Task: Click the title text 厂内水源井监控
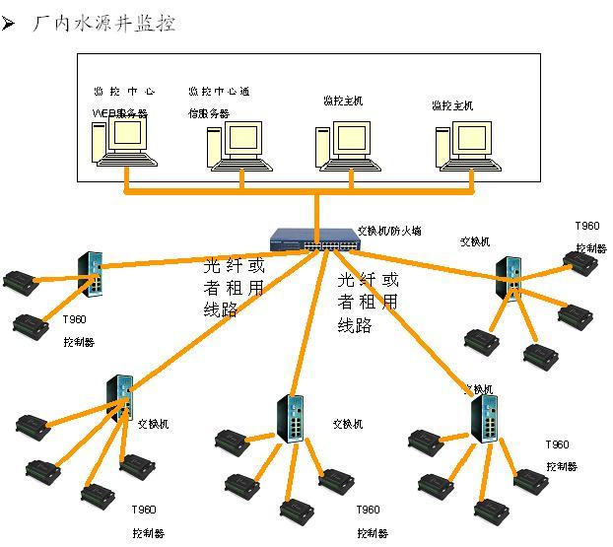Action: (x=104, y=23)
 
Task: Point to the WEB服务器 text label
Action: (x=119, y=113)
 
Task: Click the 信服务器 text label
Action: (x=209, y=113)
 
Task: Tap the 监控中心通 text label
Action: (x=219, y=92)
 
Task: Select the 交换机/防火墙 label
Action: (x=388, y=231)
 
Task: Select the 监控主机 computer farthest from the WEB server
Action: (x=463, y=146)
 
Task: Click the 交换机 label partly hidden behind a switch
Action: (x=479, y=389)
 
